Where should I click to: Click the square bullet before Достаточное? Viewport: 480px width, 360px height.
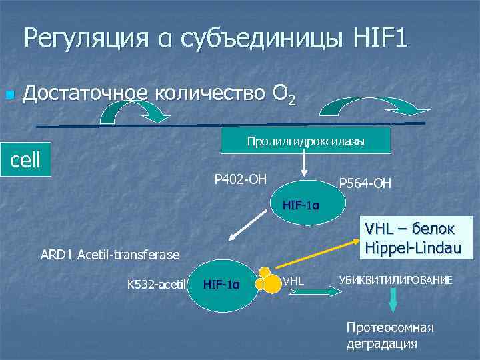click(9, 95)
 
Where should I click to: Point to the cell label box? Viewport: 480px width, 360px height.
click(25, 159)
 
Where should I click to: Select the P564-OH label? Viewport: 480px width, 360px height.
click(365, 183)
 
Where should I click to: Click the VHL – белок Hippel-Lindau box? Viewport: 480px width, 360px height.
click(409, 237)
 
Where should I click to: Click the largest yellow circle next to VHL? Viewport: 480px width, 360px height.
click(271, 284)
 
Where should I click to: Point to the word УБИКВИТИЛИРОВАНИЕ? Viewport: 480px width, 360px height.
click(395, 280)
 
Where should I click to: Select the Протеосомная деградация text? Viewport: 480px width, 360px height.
click(389, 335)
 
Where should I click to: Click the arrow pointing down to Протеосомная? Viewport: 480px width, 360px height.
click(393, 301)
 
